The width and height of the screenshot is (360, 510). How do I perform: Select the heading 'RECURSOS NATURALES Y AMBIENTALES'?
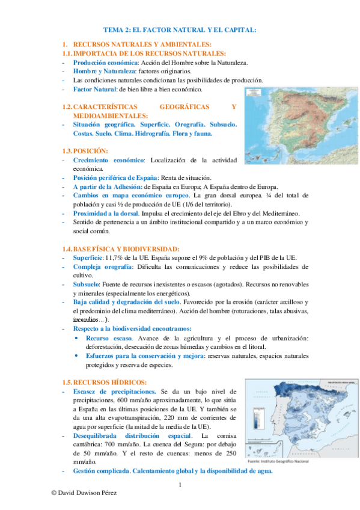pos(142,45)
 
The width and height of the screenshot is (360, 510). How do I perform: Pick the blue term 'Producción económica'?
pos(105,63)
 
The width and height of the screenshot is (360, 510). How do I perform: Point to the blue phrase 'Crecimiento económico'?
pos(109,160)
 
